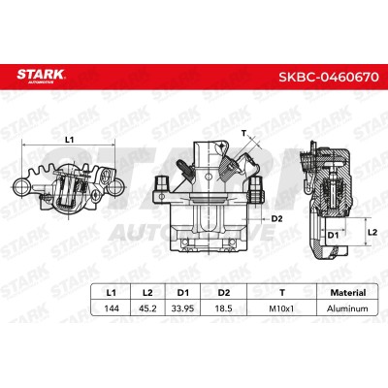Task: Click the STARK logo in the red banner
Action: [41, 77]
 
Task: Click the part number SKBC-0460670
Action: [328, 77]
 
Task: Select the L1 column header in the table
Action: [111, 293]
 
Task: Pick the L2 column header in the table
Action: [147, 293]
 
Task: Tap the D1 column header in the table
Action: [183, 293]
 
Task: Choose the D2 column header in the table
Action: [224, 293]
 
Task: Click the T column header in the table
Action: [282, 293]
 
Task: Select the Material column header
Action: [348, 293]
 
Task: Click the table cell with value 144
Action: [112, 308]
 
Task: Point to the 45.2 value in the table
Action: [147, 308]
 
